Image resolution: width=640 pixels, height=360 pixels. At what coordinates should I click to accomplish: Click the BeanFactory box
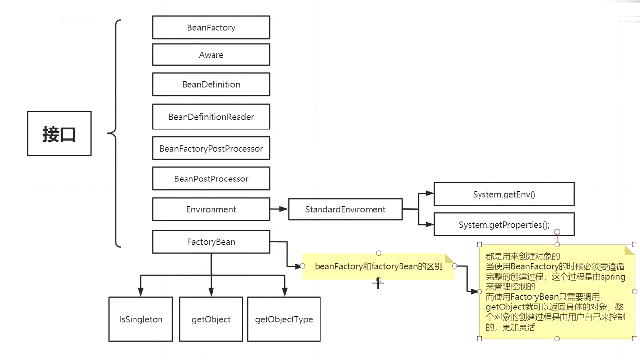click(x=211, y=27)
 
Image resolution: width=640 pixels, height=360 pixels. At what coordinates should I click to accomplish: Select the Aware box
click(x=211, y=55)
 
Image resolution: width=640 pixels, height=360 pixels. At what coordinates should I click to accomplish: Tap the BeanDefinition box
click(x=211, y=84)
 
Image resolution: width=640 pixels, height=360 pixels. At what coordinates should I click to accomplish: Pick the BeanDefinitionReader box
click(x=211, y=117)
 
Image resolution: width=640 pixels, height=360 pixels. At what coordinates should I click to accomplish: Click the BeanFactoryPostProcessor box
click(x=211, y=148)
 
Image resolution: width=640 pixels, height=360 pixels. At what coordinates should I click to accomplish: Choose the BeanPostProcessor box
click(x=211, y=179)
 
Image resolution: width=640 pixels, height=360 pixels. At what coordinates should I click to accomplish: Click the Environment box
click(x=211, y=209)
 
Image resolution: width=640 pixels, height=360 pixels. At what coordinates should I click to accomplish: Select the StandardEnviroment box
click(x=345, y=209)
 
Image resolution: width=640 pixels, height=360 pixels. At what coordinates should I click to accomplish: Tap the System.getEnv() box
click(x=504, y=194)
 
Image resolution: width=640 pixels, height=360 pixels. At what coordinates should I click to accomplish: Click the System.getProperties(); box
click(x=504, y=225)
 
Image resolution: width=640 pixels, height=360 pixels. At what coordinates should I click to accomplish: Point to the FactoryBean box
click(x=211, y=242)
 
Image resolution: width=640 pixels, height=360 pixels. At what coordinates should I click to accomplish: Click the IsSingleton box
click(x=141, y=319)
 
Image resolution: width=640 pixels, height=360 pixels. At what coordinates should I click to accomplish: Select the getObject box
click(x=211, y=319)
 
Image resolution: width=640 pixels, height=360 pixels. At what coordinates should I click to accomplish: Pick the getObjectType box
click(x=284, y=319)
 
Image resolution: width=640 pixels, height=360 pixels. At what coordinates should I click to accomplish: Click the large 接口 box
click(x=59, y=133)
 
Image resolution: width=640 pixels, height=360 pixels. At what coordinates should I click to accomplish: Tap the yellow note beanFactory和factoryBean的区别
click(x=378, y=266)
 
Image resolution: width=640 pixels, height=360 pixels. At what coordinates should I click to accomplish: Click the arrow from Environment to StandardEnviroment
click(x=279, y=209)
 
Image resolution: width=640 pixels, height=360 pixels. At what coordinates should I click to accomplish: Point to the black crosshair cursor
click(x=378, y=283)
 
